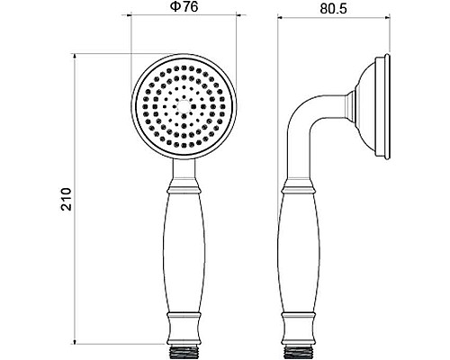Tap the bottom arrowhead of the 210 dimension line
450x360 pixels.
74,344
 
